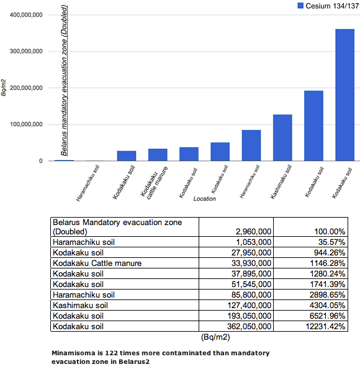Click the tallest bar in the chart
[345, 95]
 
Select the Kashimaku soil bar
[282, 138]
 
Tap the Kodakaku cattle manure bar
[158, 154]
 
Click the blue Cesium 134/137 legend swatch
[300, 6]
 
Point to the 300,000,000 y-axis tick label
[26, 51]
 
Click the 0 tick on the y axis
[41, 161]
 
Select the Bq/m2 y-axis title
[3, 88]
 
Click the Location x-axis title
[204, 198]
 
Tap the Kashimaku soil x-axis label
[281, 182]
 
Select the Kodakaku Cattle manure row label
[97, 263]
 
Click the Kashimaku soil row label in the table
[80, 305]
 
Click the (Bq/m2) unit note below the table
[215, 337]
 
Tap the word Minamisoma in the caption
[74, 353]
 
